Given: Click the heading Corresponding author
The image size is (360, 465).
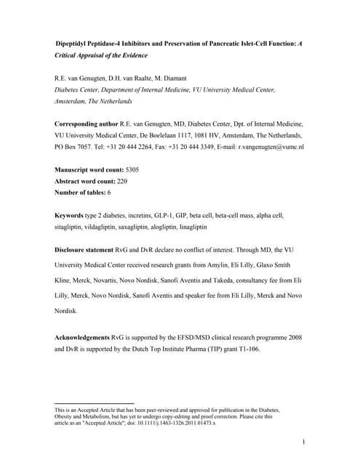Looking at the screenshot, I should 89,124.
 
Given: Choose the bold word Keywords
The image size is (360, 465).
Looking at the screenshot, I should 73,216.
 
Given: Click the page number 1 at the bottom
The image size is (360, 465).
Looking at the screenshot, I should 303,441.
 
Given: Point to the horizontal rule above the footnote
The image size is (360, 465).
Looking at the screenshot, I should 95,403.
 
